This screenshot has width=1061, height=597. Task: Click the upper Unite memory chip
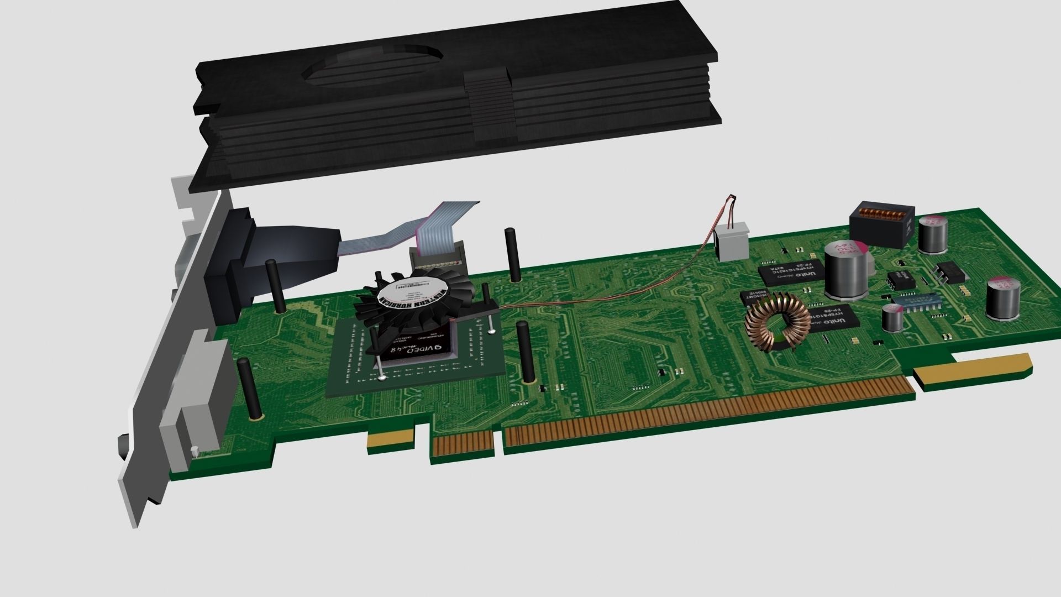tap(790, 273)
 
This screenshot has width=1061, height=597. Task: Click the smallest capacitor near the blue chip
tap(892, 318)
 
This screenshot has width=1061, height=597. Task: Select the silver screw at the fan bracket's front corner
tap(382, 379)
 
